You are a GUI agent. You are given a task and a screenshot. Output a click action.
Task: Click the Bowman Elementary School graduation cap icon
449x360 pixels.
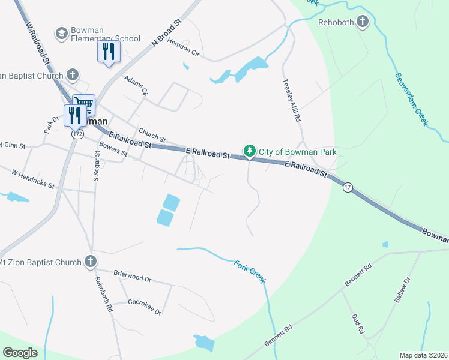click(x=61, y=33)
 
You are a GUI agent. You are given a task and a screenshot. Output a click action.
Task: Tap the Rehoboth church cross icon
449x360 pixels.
click(x=362, y=22)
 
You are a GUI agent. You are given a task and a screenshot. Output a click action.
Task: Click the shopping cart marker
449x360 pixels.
click(x=84, y=106)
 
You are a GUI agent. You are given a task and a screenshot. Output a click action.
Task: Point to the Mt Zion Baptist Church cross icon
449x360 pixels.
click(x=90, y=262)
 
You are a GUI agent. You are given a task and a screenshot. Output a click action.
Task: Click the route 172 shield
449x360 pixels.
click(x=77, y=134)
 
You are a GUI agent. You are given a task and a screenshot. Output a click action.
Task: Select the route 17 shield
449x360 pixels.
click(x=348, y=188)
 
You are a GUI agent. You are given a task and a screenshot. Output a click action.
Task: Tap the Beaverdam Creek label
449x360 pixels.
click(x=411, y=100)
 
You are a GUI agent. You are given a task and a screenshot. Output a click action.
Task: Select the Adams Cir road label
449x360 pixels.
click(x=136, y=85)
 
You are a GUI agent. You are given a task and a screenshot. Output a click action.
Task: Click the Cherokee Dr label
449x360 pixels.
click(x=145, y=306)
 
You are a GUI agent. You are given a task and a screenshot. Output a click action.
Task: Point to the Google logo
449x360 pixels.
click(x=20, y=353)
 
